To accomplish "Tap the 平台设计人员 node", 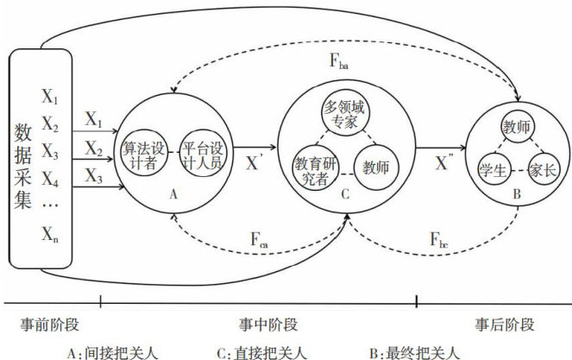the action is (202, 155).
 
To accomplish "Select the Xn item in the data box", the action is (51, 232).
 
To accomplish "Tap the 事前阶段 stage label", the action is (49, 325).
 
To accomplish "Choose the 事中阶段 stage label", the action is (267, 325).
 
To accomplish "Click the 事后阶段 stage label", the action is (504, 325).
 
